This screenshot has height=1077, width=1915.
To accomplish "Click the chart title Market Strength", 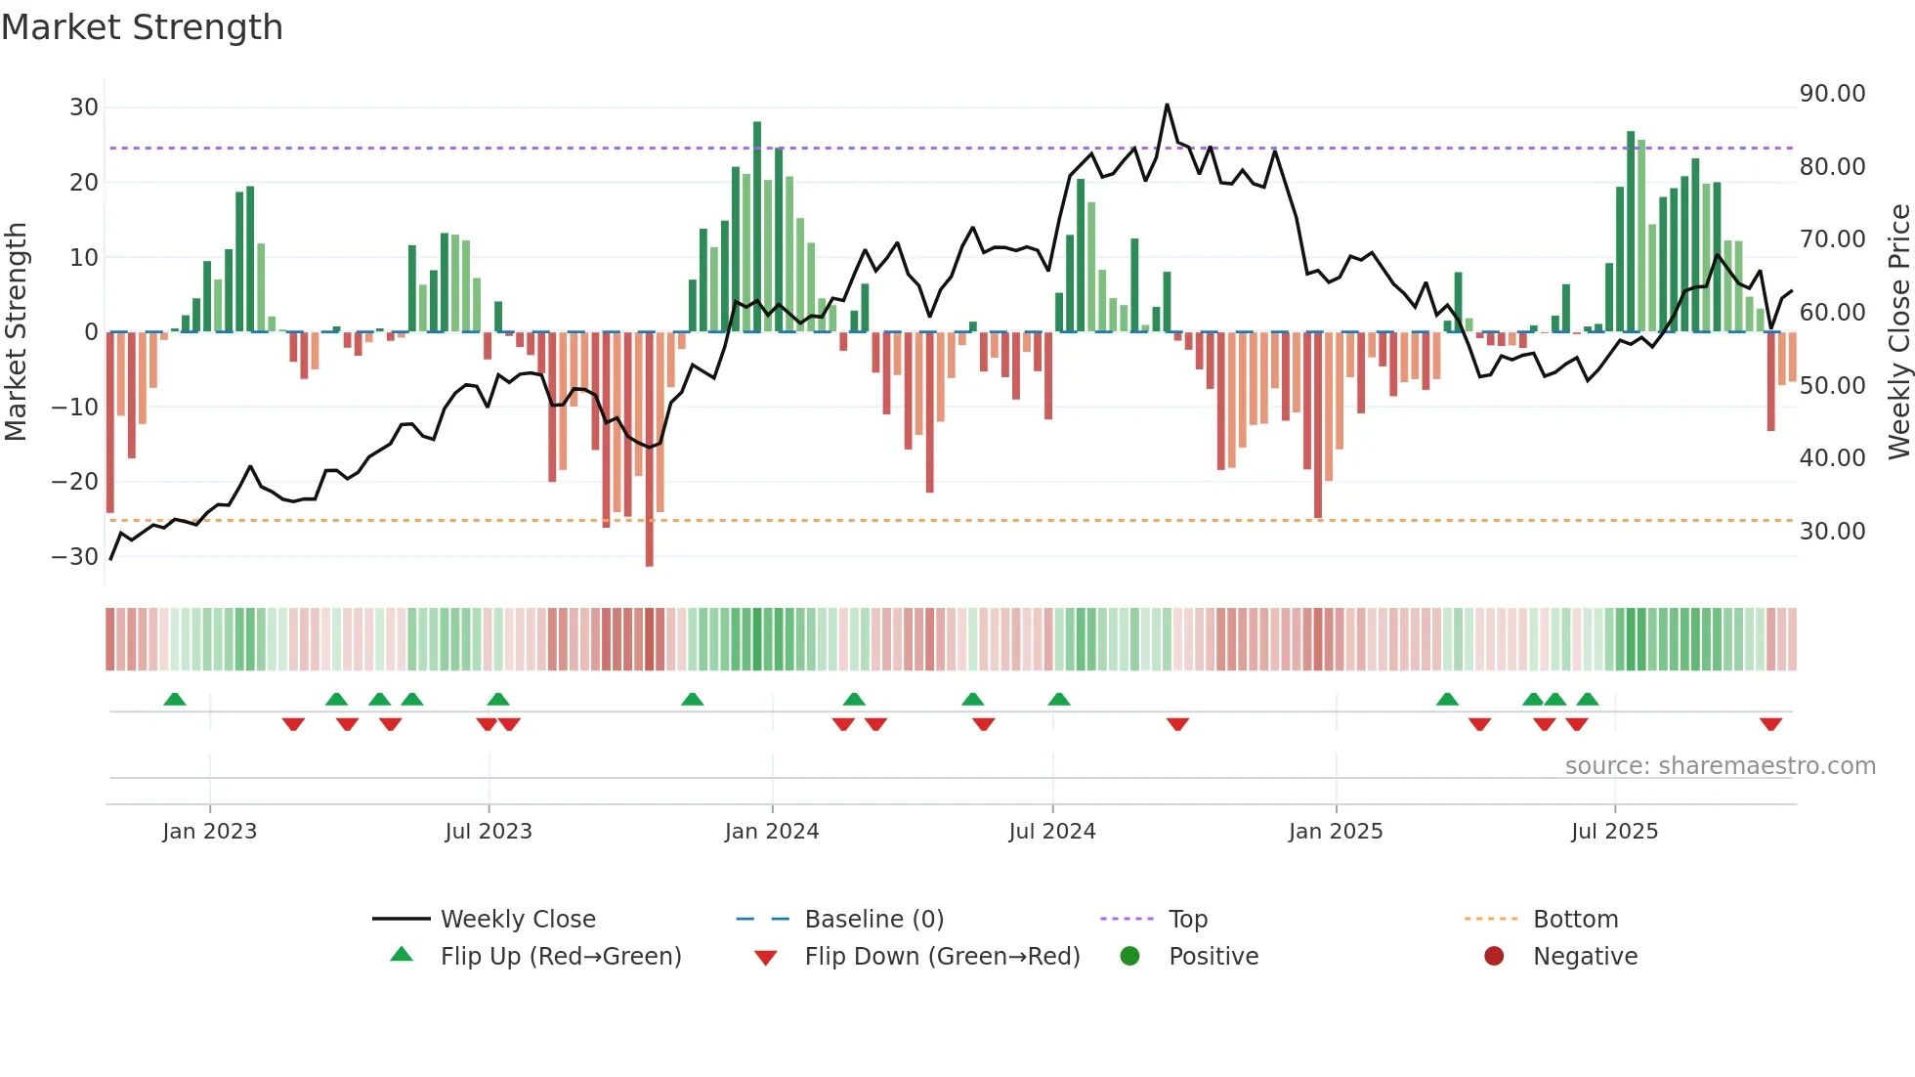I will point(142,27).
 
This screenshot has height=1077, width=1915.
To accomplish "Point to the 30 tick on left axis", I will point(84,108).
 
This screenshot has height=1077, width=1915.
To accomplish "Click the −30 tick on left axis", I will point(75,557).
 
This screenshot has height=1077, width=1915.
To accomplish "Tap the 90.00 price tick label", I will point(1832,94).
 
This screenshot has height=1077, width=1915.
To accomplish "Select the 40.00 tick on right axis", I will point(1832,458).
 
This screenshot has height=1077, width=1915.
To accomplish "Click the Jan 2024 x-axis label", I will point(771,832).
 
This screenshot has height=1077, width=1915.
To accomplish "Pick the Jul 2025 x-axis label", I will point(1614,832).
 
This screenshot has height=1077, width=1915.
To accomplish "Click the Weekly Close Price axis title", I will point(1898,332).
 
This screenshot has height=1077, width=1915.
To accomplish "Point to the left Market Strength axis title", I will point(16,332).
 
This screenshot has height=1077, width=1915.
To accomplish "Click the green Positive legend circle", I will point(1129,957).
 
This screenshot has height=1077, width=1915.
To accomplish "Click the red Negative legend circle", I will point(1493,957).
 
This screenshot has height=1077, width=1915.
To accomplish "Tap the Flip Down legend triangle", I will point(766,958).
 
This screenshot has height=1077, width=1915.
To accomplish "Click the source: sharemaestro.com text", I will point(1720,766).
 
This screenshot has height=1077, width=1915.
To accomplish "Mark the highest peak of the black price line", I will point(1167,105).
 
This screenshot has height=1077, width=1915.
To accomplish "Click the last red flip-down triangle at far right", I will point(1770,724).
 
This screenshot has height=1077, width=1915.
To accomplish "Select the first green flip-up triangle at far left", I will point(175,699).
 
